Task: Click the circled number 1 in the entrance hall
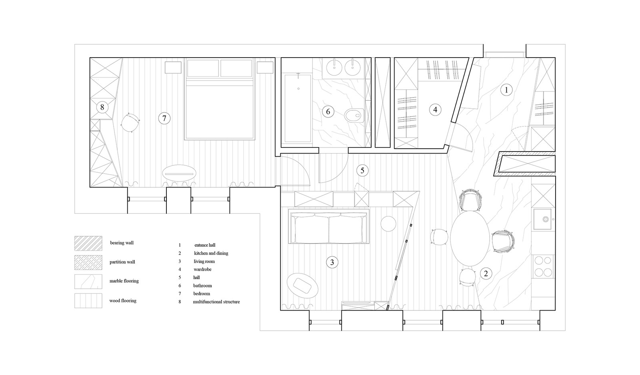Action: [x=506, y=90]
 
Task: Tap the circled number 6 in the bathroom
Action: [x=328, y=112]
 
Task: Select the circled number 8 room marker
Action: [x=102, y=108]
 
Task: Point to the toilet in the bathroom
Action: [x=354, y=116]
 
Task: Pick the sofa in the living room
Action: [x=328, y=226]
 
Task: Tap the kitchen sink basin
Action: [x=542, y=219]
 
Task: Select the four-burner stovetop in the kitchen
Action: [x=543, y=267]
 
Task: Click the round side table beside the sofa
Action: [x=388, y=223]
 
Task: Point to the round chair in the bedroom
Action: [x=130, y=122]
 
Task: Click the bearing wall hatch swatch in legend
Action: [x=88, y=243]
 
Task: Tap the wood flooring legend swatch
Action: [x=88, y=301]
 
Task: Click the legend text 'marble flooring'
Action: [x=124, y=281]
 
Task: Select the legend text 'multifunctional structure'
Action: [x=216, y=301]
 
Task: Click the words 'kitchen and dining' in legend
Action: [x=211, y=253]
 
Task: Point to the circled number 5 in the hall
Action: [x=362, y=170]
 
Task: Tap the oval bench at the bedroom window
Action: [x=179, y=174]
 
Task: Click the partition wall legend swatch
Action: [x=88, y=263]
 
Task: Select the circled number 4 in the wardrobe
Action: [x=435, y=110]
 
